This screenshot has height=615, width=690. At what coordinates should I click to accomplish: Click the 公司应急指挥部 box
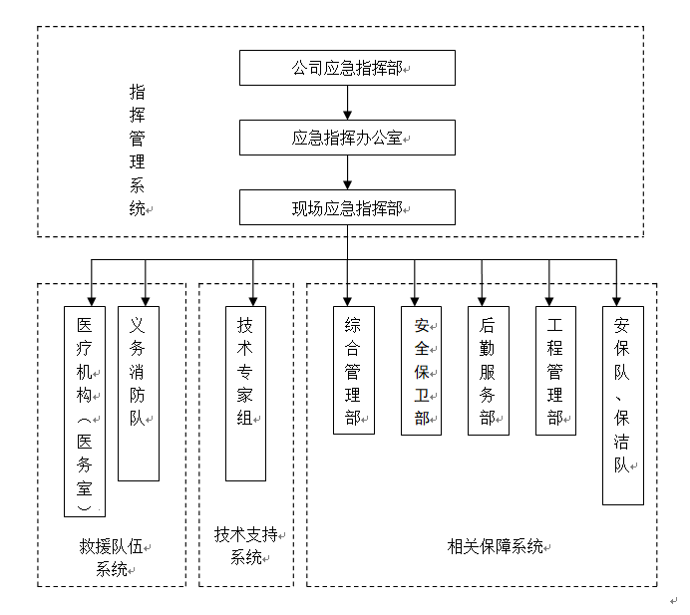(x=347, y=68)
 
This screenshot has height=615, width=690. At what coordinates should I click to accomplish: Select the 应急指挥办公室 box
(x=347, y=138)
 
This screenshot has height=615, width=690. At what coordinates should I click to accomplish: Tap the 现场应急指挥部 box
(x=347, y=207)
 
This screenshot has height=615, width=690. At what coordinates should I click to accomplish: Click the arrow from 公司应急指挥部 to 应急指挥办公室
(x=347, y=103)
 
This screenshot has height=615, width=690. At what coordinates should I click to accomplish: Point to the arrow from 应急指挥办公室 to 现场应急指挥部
(x=347, y=172)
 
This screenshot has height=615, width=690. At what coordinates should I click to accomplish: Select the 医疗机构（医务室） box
(x=85, y=411)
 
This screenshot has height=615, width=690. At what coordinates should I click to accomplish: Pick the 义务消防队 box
(x=139, y=393)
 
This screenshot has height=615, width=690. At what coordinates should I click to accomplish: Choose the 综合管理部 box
(x=353, y=369)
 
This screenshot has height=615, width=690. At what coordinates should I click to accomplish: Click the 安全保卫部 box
(x=421, y=369)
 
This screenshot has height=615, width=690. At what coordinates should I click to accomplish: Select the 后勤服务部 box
(x=488, y=369)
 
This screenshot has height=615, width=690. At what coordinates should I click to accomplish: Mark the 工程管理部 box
(x=555, y=369)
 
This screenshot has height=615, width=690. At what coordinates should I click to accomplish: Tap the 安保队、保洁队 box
(x=623, y=404)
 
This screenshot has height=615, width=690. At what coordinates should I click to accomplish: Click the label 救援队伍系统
(x=112, y=558)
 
